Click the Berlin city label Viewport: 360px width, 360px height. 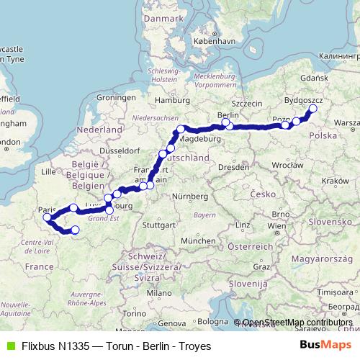228,114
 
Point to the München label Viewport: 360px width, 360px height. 198,240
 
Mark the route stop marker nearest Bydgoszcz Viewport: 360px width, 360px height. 312,109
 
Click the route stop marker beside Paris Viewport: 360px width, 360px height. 47,217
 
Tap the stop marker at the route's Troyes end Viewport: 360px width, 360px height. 75,230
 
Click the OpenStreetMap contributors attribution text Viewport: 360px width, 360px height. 297,323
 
